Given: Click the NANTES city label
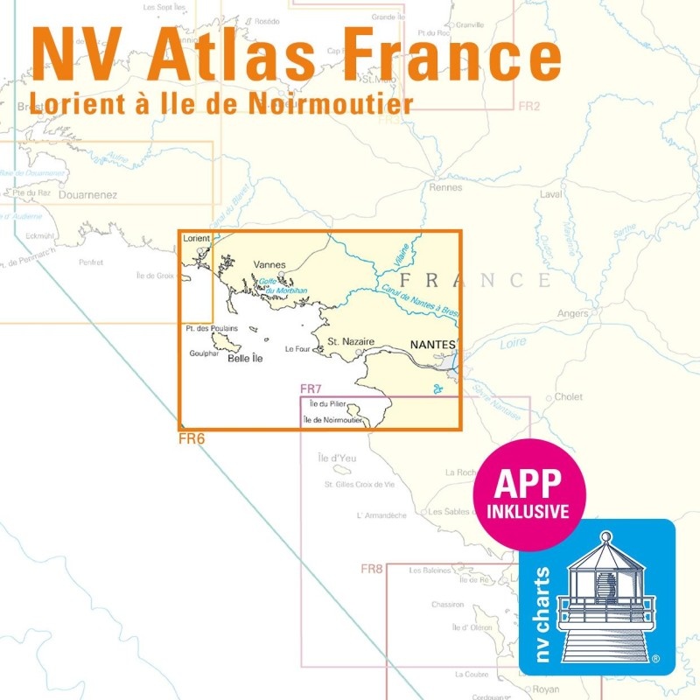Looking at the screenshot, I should click(433, 346).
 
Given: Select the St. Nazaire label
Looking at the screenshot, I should click(351, 341).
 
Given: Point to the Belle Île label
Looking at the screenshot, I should click(246, 358).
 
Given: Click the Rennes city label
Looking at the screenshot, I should click(446, 187).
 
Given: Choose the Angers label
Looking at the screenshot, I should click(573, 313).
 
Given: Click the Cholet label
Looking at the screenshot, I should click(569, 396).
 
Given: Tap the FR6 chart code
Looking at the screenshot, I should click(191, 438).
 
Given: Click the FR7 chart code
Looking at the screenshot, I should click(311, 388).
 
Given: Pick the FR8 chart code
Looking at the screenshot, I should click(372, 569).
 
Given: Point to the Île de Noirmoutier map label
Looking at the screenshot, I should click(332, 421).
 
